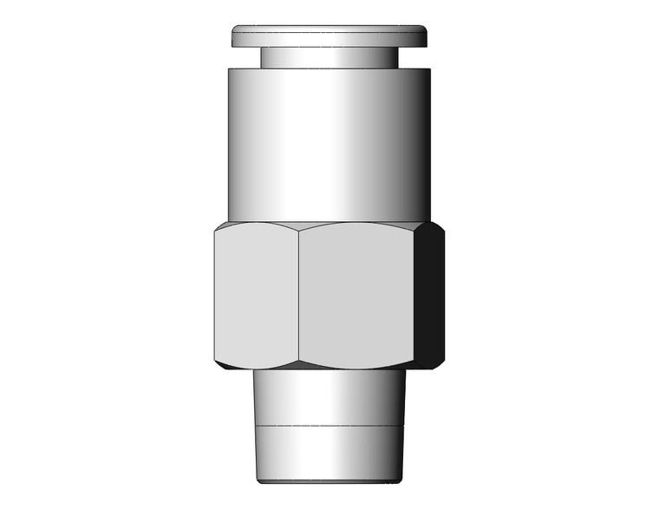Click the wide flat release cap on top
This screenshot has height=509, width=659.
coord(329,36)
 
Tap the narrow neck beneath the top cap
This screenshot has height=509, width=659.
coord(329,57)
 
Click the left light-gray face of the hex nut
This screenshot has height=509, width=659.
coord(256,295)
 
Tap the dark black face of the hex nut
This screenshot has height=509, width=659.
coord(429,295)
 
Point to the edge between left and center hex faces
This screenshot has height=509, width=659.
coord(299,295)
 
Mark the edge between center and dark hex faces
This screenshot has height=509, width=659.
coord(414,295)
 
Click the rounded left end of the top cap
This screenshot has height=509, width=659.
coord(234,36)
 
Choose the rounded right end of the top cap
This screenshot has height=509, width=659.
coord(426,36)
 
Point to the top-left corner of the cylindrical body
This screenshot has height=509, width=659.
coord(230,70)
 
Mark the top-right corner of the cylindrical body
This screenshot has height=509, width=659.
coord(430,70)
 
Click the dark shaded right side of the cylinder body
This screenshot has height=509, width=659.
coord(416,143)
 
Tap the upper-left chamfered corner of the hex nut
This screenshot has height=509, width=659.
coord(219,226)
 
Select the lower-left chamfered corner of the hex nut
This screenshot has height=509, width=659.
coord(219,364)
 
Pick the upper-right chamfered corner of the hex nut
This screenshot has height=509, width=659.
coord(438,227)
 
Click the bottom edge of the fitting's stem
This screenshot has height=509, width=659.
coord(329,480)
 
